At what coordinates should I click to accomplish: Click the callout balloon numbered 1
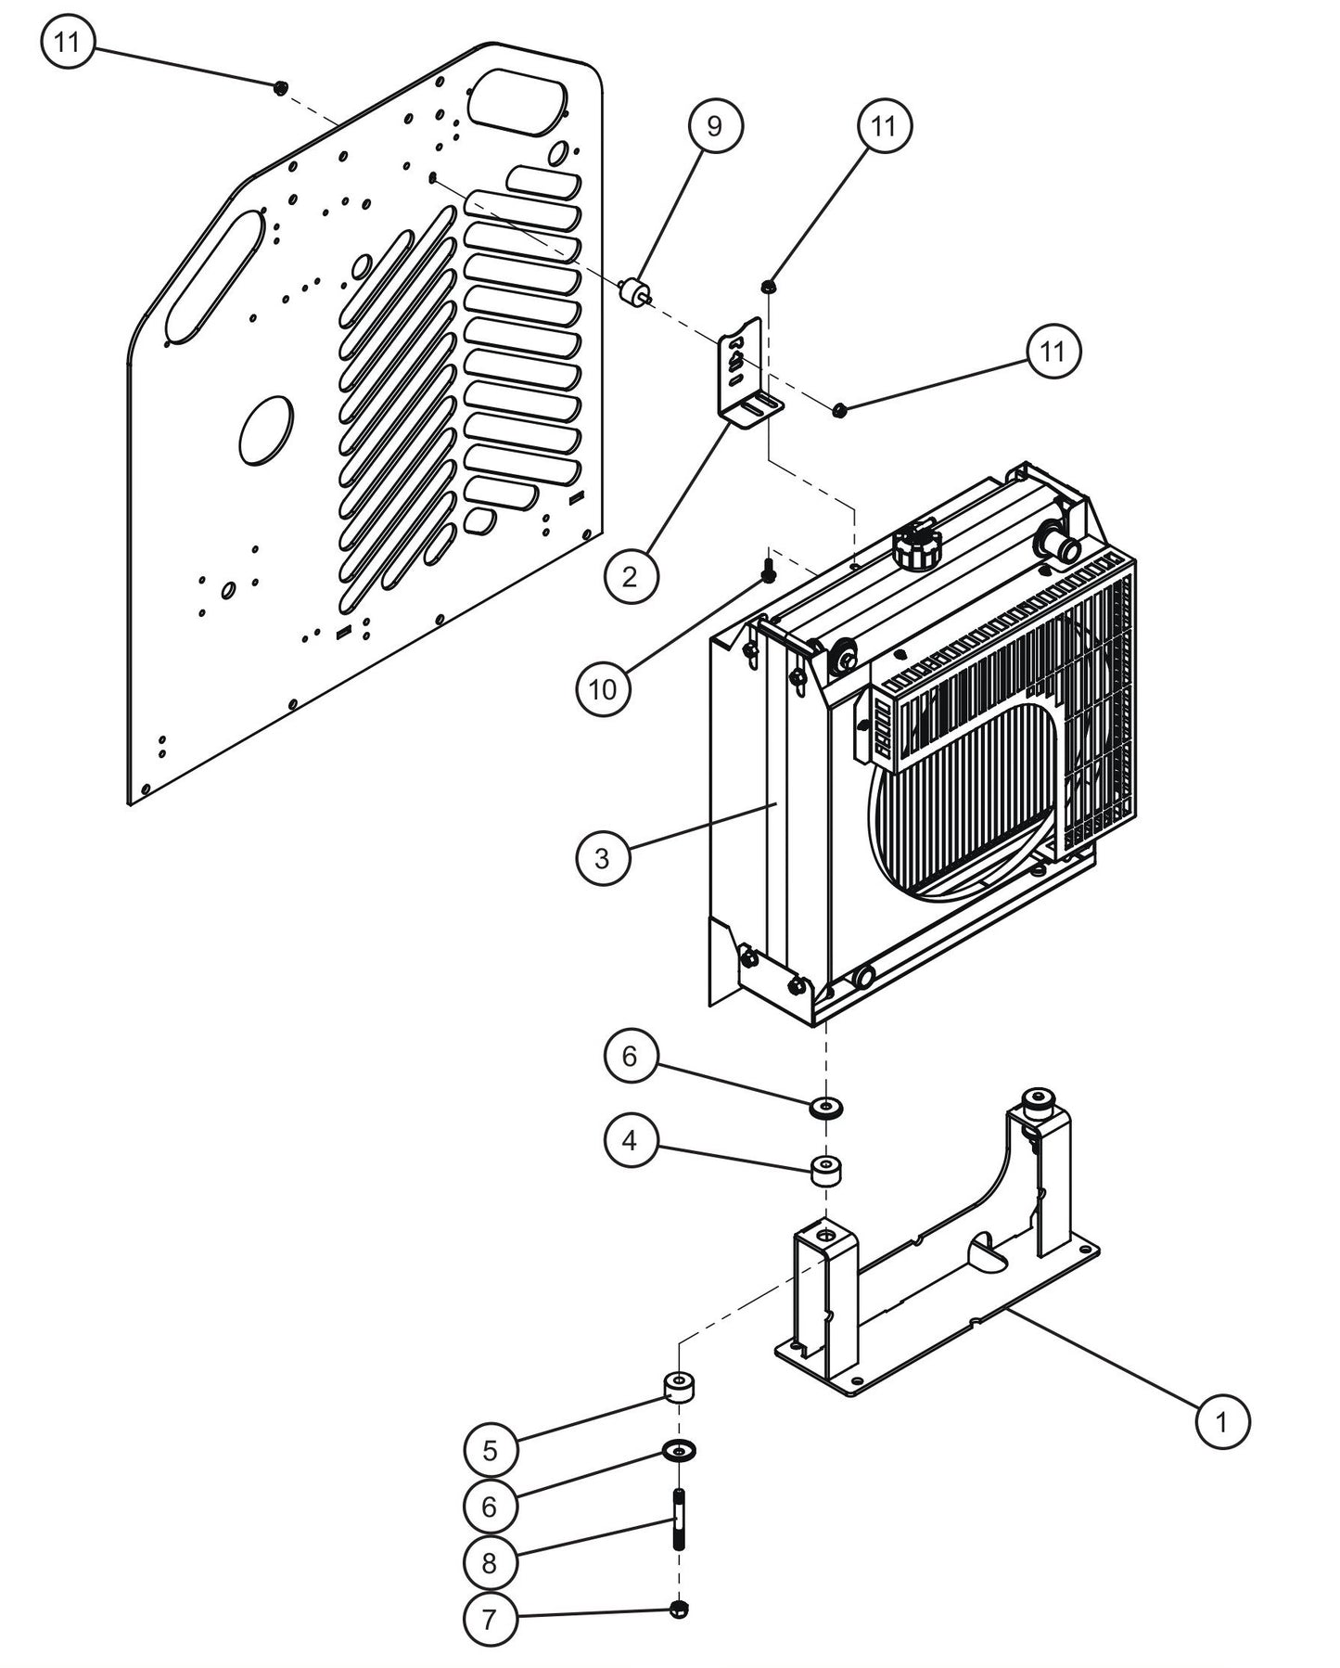(1221, 1420)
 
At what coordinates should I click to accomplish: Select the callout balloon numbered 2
(631, 577)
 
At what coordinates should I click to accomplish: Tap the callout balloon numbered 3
(602, 857)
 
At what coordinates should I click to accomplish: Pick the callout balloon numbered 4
(631, 1139)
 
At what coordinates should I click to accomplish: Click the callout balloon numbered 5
(491, 1450)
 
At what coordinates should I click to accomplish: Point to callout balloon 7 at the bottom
(490, 1619)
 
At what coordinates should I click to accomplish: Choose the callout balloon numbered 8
(490, 1562)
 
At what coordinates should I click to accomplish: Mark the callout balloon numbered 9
(714, 126)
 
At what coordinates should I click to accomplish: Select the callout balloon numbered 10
(603, 688)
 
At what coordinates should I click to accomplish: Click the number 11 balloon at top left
(68, 43)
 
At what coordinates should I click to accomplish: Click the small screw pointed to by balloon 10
(768, 571)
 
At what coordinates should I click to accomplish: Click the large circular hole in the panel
(266, 430)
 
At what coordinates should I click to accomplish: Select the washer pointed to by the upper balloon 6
(824, 1107)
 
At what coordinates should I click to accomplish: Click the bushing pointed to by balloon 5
(680, 1387)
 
